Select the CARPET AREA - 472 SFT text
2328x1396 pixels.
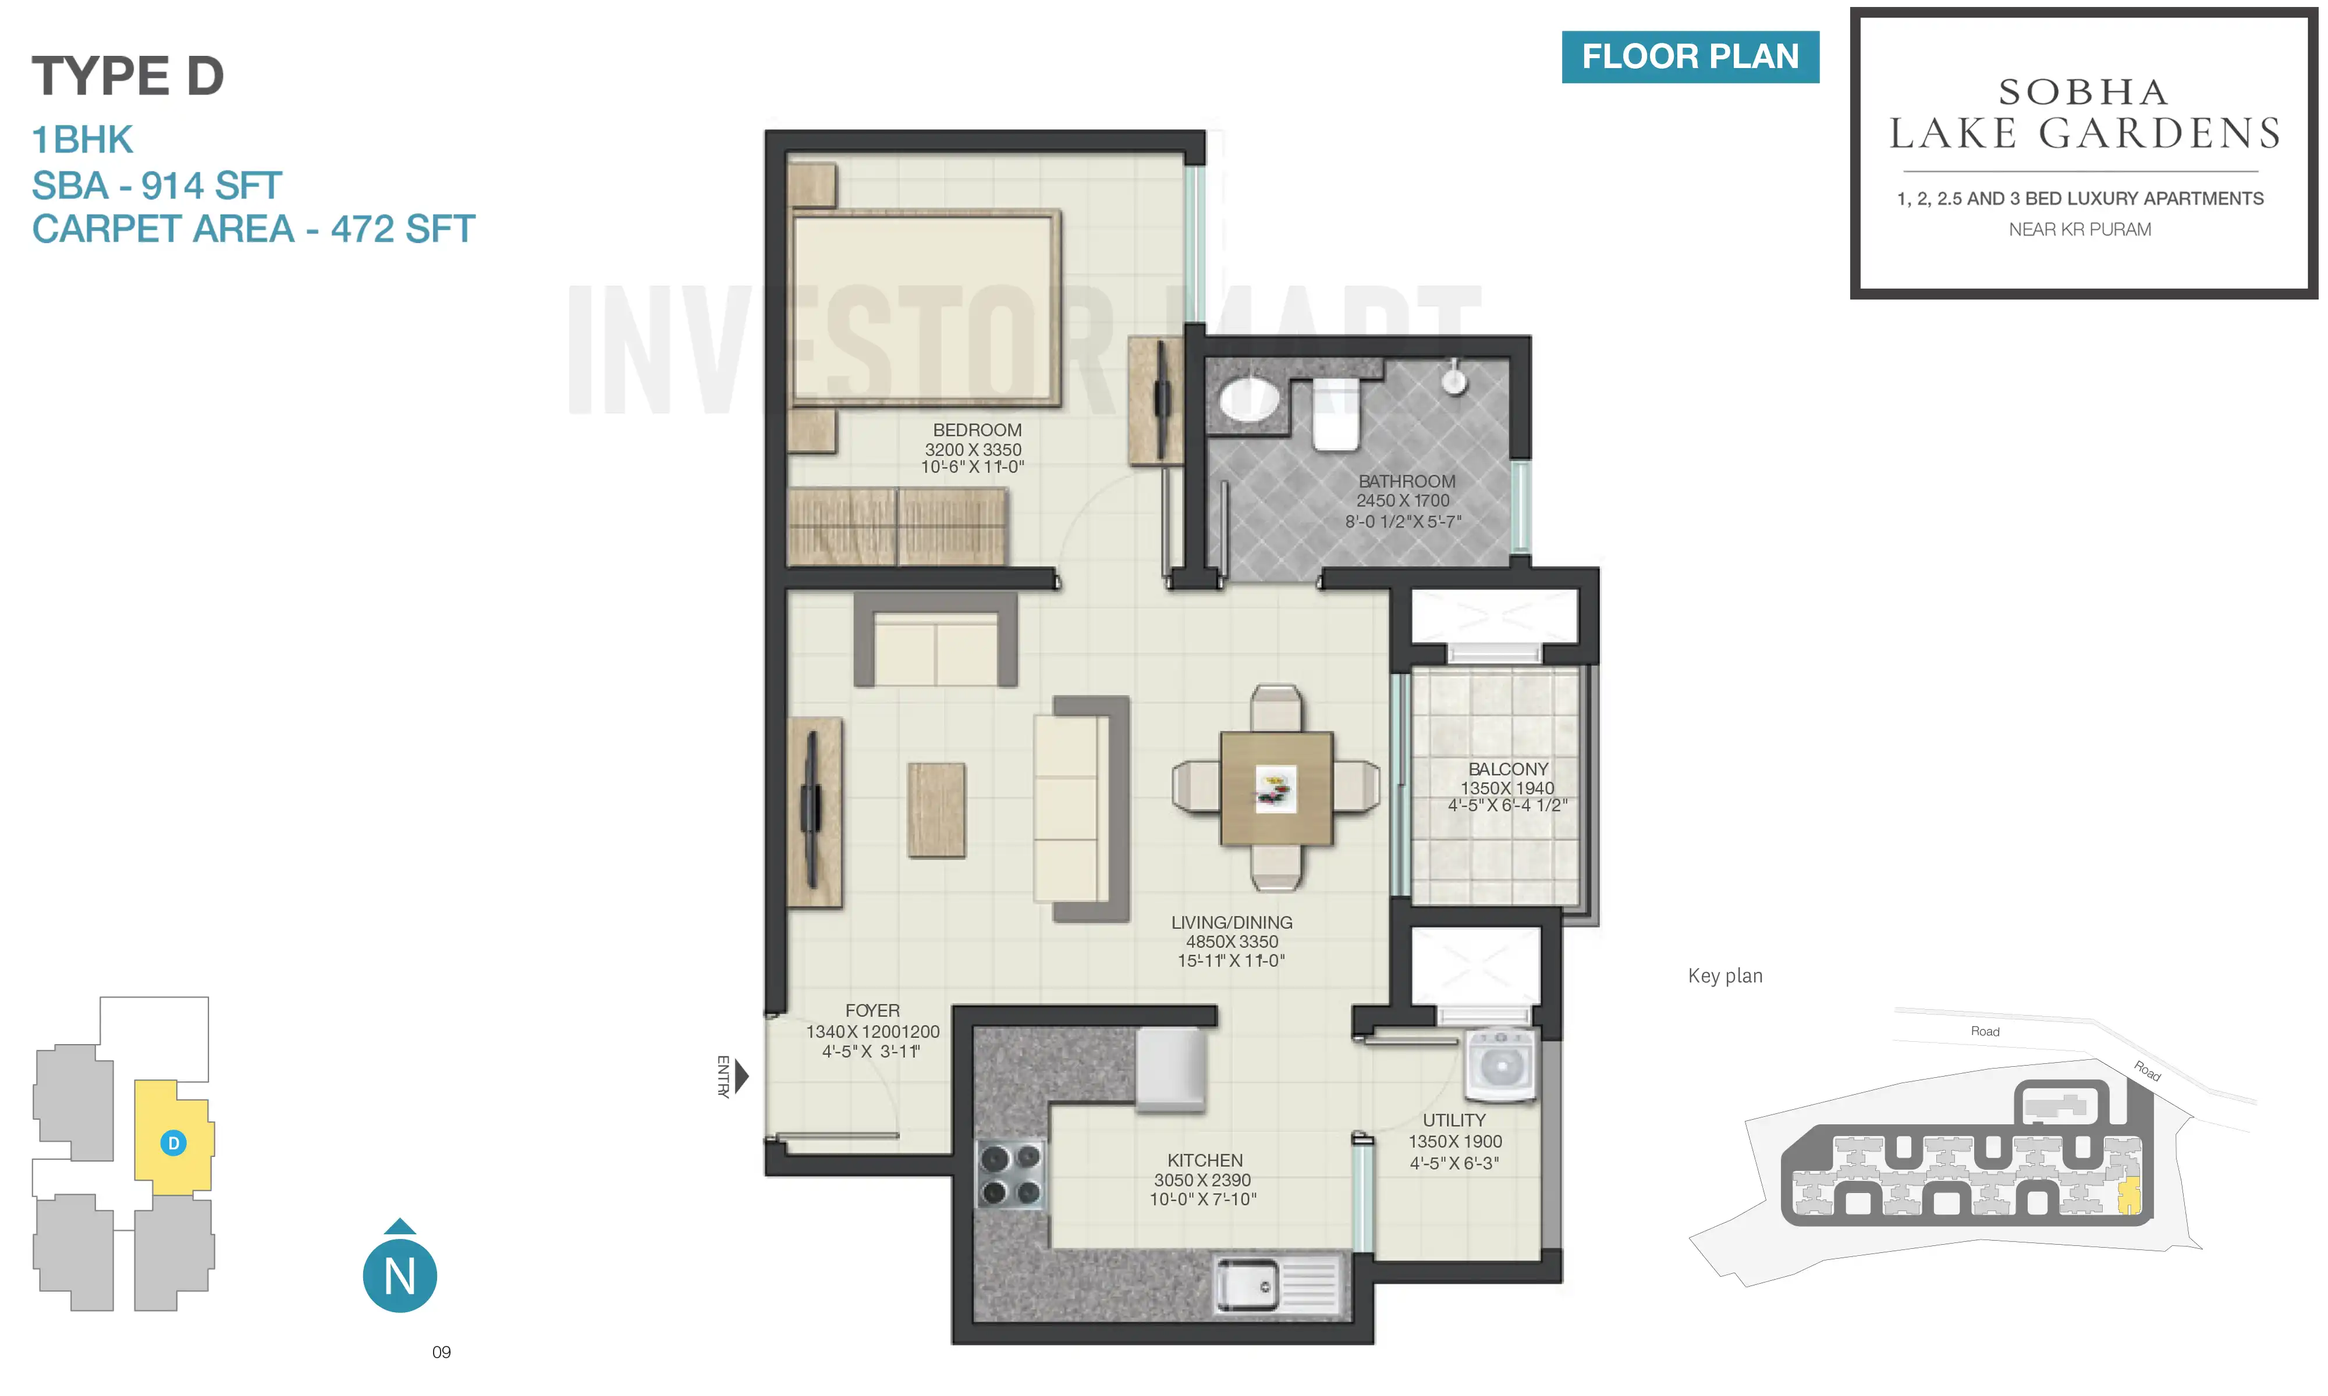(253, 229)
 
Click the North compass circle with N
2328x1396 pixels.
(400, 1276)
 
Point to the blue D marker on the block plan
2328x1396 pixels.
(173, 1143)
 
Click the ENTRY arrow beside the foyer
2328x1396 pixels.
(741, 1076)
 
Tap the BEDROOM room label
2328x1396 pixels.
(977, 430)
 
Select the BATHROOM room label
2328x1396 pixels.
(1406, 480)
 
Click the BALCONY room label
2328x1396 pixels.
(1507, 768)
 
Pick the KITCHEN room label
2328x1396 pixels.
(1205, 1160)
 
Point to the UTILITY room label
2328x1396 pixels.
(1454, 1120)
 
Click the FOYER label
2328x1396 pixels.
(872, 1010)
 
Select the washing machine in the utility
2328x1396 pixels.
(1500, 1065)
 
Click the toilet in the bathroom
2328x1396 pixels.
(1335, 414)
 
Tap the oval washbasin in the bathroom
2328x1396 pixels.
(1249, 400)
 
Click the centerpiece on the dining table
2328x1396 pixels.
(1275, 788)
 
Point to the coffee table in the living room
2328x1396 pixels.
(936, 810)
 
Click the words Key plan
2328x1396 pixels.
(1725, 975)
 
